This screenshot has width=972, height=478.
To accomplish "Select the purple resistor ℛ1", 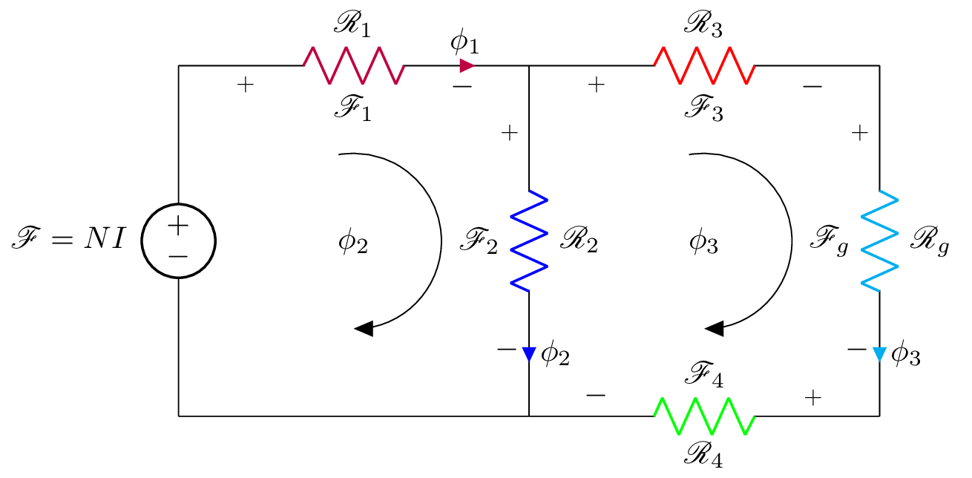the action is pos(353,65).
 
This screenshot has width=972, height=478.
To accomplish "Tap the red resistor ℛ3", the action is pos(704,65).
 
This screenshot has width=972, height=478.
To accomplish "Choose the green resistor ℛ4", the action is pos(704,416).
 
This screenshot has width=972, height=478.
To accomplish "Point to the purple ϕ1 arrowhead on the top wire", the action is pos(467,66).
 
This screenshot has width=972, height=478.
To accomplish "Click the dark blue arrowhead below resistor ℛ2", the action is pos(529,354).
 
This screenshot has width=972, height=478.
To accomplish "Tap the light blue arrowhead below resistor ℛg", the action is pos(880,354).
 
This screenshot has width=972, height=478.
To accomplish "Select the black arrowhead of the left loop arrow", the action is pos(364,329).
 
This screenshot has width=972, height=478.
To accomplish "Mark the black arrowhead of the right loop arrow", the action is pos(715,329).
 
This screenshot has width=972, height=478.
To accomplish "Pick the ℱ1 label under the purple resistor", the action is pos(352,112).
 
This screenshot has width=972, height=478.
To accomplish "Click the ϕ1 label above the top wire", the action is pos(465,42).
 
